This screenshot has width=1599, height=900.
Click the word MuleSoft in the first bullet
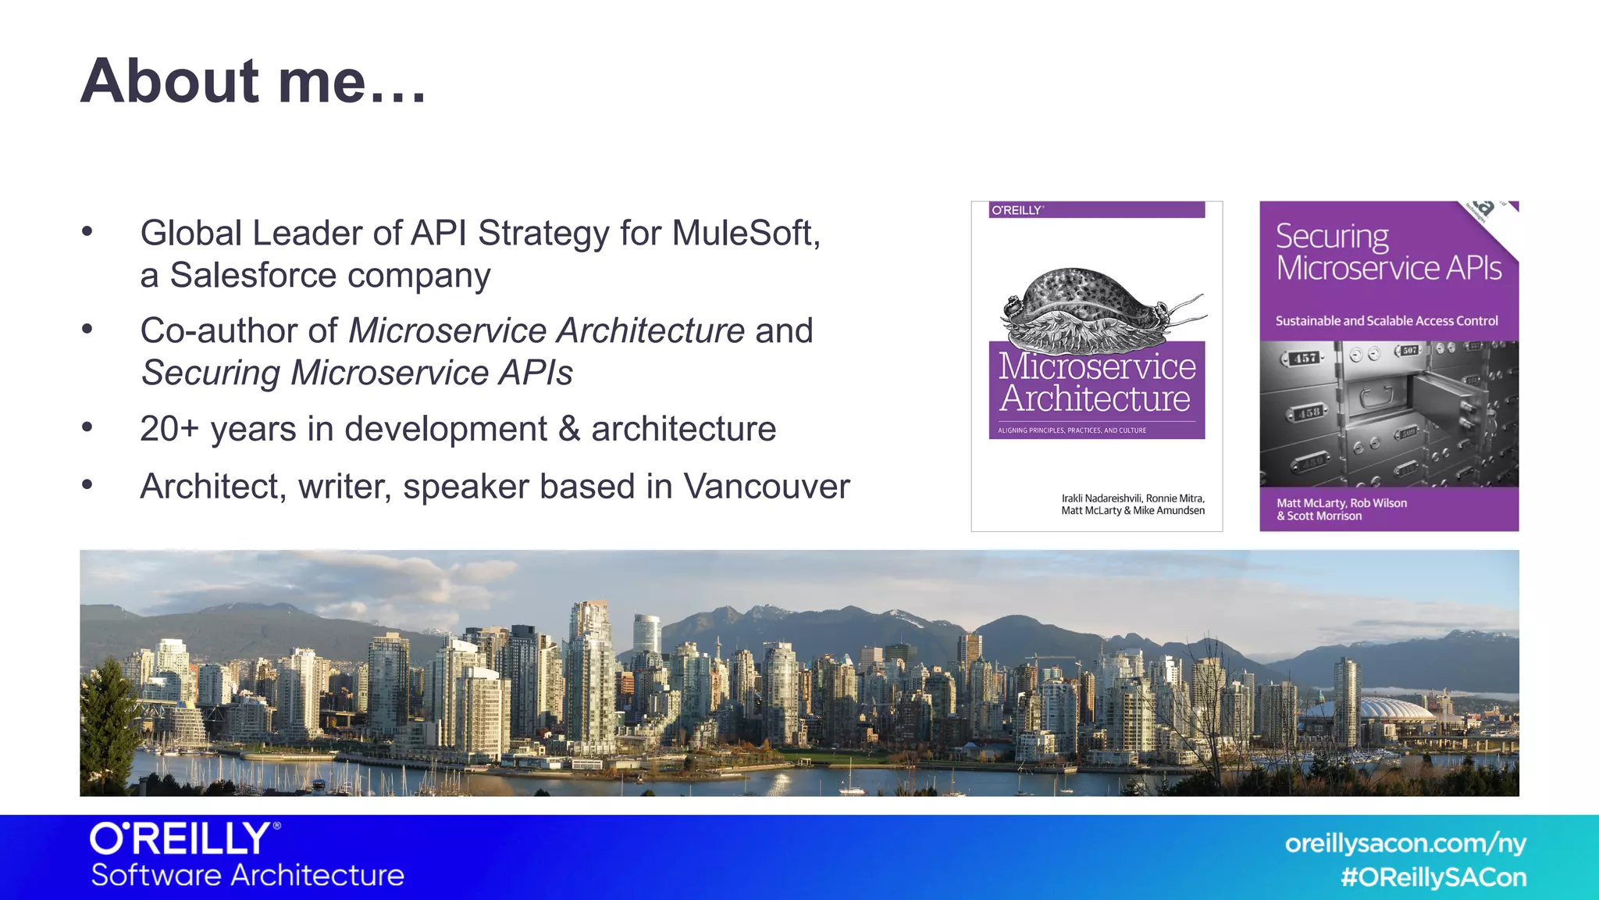pyautogui.click(x=745, y=233)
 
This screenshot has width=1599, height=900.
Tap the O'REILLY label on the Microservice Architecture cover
pyautogui.click(x=1017, y=210)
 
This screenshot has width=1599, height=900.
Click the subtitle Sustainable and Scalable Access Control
pyautogui.click(x=1387, y=320)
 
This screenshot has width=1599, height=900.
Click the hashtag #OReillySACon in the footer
pyautogui.click(x=1433, y=877)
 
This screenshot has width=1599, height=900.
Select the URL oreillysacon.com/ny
pyautogui.click(x=1405, y=843)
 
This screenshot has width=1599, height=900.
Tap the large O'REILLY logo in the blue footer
pyautogui.click(x=184, y=839)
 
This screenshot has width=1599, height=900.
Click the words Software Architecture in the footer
pyautogui.click(x=248, y=875)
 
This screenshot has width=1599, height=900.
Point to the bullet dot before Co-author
pyautogui.click(x=87, y=329)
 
